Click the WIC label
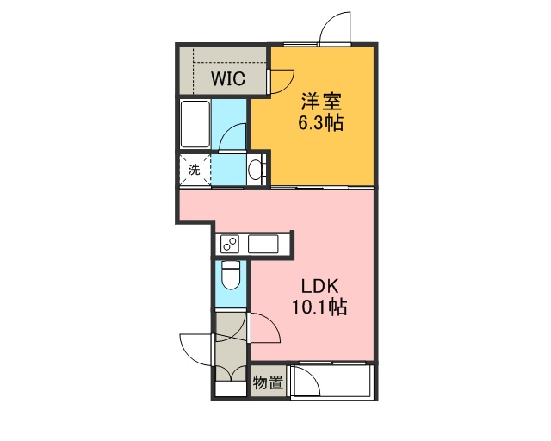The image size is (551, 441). pyautogui.click(x=228, y=78)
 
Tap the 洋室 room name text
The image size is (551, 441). pyautogui.click(x=321, y=102)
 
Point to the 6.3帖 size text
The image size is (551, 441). pyautogui.click(x=321, y=122)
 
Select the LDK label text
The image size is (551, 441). pyautogui.click(x=320, y=286)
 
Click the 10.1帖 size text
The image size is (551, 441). pyautogui.click(x=319, y=307)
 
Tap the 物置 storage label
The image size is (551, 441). pyautogui.click(x=268, y=382)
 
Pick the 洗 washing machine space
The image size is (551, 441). pyautogui.click(x=195, y=170)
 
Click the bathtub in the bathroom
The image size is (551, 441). pyautogui.click(x=195, y=124)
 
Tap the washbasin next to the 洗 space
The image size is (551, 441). pyautogui.click(x=256, y=170)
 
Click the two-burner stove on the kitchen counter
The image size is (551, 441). pyautogui.click(x=230, y=244)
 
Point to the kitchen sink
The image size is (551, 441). pyautogui.click(x=263, y=244)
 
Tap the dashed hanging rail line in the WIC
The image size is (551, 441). pyautogui.click(x=230, y=63)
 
